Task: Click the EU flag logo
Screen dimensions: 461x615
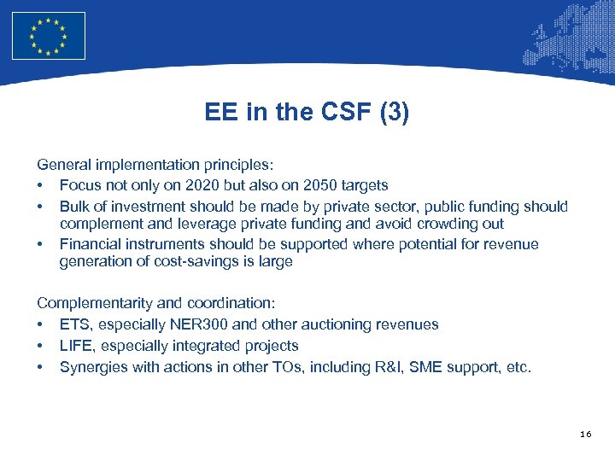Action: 49,36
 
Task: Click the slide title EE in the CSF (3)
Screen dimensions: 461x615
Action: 307,113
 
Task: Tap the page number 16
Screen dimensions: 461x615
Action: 585,435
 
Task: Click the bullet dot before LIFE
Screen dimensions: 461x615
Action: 40,346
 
